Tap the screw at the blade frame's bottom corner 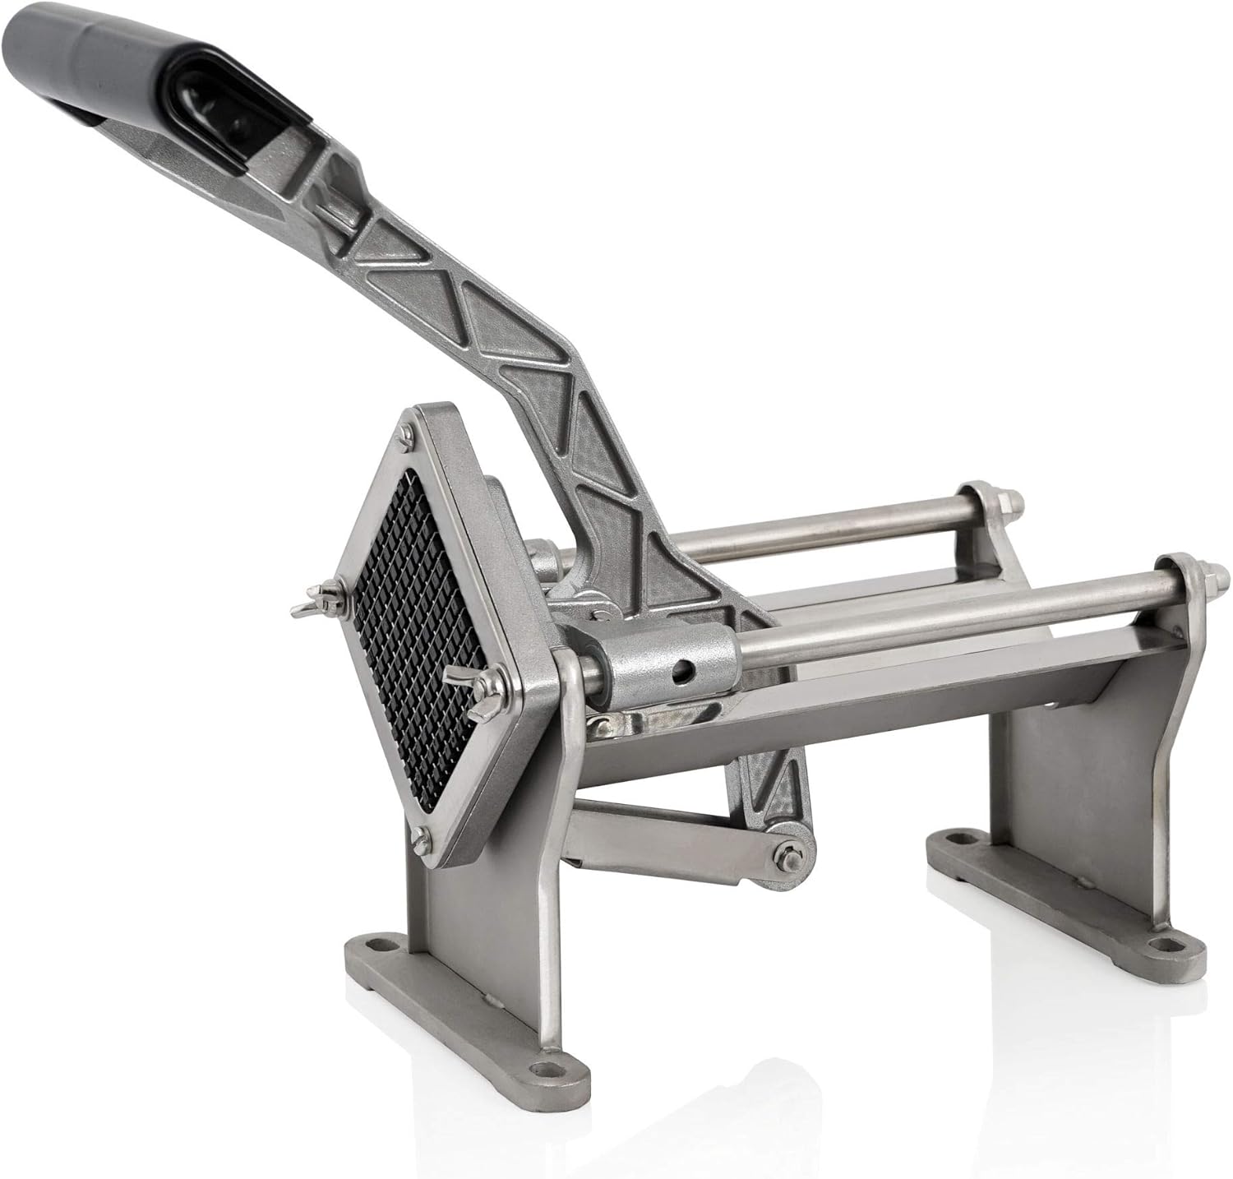coord(424,837)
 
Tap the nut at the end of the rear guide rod coord(1009,498)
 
